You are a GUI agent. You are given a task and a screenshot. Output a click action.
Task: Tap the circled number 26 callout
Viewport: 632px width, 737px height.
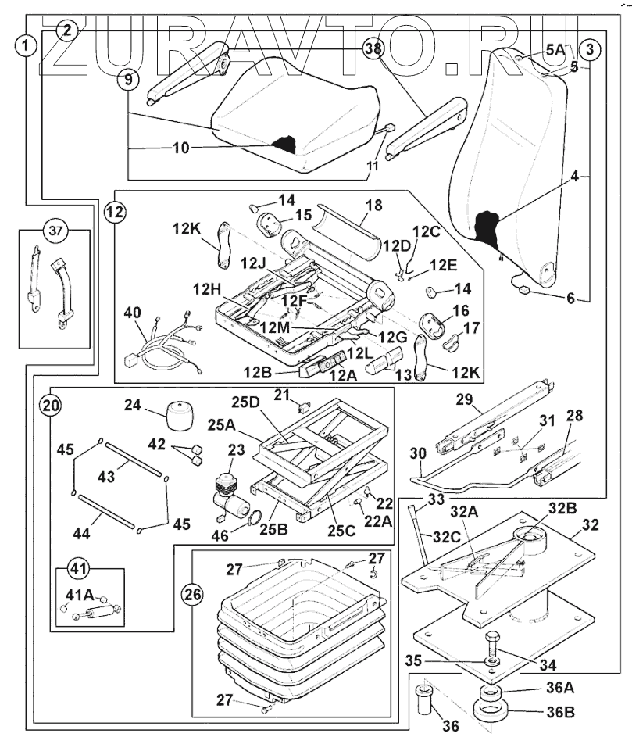click(x=191, y=595)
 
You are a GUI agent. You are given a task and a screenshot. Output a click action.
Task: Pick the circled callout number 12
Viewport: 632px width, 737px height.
click(x=115, y=210)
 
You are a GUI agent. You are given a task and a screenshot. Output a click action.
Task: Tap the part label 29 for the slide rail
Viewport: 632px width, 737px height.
click(x=464, y=400)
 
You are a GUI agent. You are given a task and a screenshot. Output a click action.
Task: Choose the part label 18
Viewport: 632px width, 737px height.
click(x=374, y=205)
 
